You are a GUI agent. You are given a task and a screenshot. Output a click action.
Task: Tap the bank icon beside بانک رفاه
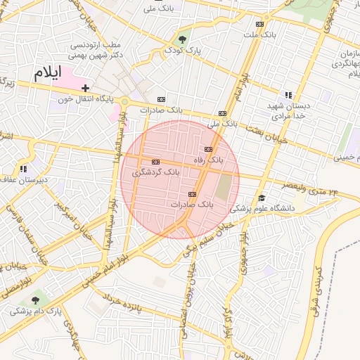click(x=208, y=149)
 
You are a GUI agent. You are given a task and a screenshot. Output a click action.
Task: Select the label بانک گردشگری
click(x=156, y=172)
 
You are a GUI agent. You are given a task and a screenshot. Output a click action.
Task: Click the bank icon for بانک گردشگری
click(x=155, y=162)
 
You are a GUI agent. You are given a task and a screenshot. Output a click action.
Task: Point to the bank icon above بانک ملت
click(x=260, y=24)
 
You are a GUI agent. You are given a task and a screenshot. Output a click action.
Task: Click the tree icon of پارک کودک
click(x=183, y=39)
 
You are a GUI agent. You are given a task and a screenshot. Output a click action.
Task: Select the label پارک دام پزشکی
click(x=35, y=309)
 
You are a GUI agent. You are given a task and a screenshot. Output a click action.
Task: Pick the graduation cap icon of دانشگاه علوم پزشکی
click(x=262, y=198)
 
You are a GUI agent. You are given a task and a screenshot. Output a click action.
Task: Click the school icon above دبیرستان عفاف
click(x=23, y=169)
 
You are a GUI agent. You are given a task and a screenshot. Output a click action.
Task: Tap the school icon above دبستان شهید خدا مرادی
click(x=288, y=95)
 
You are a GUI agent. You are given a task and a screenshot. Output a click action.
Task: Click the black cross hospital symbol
click(x=85, y=88)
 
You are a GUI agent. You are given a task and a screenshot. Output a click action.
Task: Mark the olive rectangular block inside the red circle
click(x=223, y=186)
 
